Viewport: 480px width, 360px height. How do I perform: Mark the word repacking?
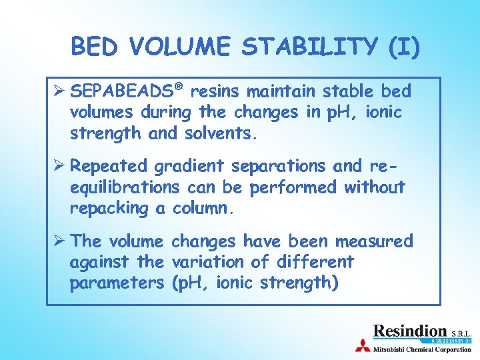109,209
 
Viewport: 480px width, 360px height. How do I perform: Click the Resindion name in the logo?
409,330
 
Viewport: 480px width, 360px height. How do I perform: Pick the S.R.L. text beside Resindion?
460,332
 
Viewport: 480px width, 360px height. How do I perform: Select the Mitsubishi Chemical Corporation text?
422,348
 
